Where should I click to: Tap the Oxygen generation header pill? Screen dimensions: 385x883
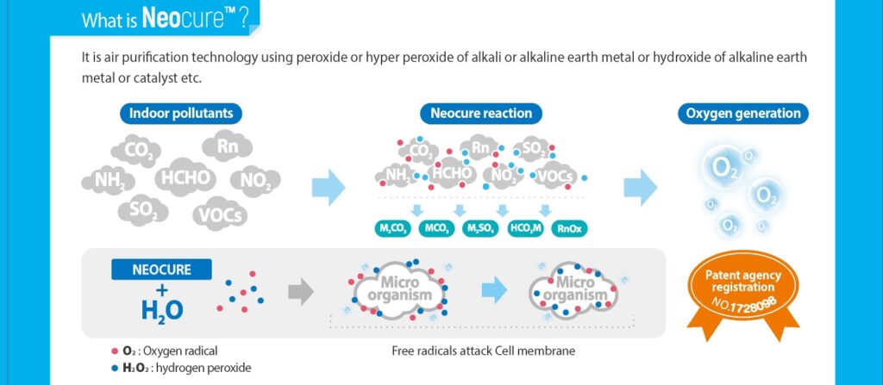coord(742,114)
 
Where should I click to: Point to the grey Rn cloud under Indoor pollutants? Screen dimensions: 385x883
coord(228,146)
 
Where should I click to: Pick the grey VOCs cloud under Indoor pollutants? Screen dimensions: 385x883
coord(220,214)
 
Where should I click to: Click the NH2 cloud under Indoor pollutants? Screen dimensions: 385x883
coord(109,180)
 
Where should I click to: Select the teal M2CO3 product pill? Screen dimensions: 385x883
coord(393,228)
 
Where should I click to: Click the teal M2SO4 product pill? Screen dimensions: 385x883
coord(479,228)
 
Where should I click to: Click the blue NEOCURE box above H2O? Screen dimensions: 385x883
coord(161,270)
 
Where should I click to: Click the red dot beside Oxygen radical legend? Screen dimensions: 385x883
coord(115,351)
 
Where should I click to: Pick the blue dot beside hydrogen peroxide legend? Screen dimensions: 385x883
coord(115,367)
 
